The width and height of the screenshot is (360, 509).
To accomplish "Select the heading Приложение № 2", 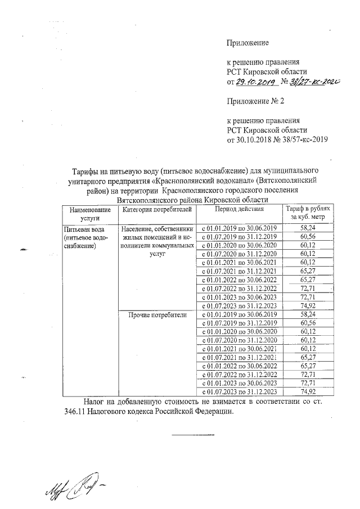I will pos(253,101).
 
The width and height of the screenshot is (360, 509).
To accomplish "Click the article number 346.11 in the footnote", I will pos(70,412).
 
